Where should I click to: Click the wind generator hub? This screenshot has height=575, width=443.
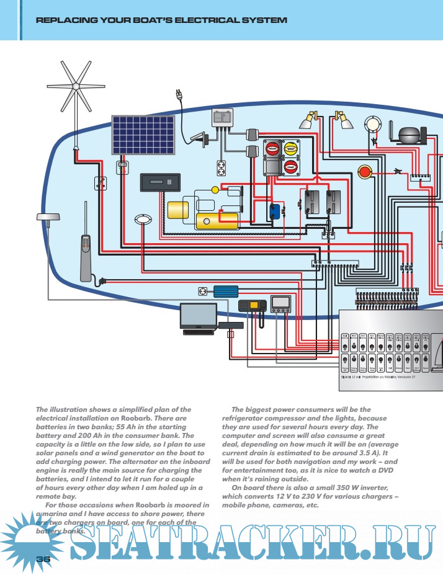click(x=75, y=86)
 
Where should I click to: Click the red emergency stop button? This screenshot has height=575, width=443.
click(x=364, y=171)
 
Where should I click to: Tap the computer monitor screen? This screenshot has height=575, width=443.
click(x=198, y=315)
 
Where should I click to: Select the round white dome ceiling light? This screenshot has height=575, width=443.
click(x=372, y=124)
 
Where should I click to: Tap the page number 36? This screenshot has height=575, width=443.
click(x=43, y=558)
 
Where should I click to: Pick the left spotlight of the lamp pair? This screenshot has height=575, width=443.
click(x=310, y=120)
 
